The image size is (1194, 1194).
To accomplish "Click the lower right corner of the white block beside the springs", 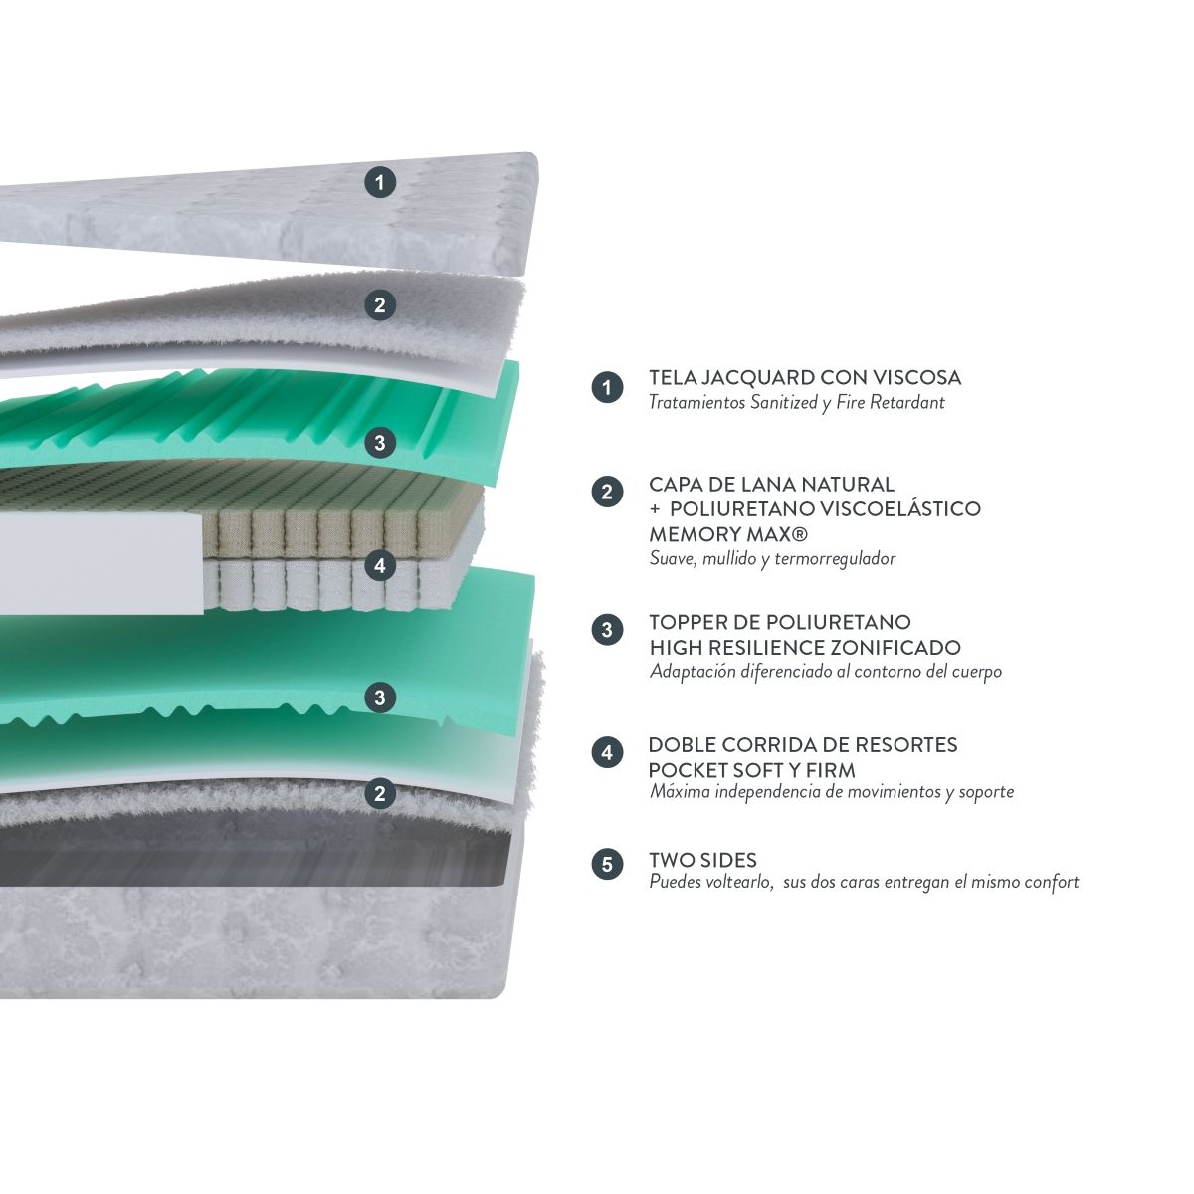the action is click(x=203, y=614).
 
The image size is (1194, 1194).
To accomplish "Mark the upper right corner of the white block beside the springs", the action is click(x=203, y=513).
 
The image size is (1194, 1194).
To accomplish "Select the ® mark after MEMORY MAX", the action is click(x=800, y=533).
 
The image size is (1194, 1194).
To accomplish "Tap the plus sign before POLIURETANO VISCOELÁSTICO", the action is click(x=655, y=510).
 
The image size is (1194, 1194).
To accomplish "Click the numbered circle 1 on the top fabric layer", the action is click(x=380, y=183).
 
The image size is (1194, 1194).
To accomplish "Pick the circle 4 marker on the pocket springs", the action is click(x=380, y=565).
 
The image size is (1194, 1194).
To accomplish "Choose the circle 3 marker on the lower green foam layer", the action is click(x=380, y=697).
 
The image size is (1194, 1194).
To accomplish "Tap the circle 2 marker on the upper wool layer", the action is click(x=380, y=304).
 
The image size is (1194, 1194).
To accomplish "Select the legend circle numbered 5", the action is click(x=607, y=864).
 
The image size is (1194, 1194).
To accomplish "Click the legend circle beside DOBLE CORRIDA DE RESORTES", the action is click(x=607, y=753).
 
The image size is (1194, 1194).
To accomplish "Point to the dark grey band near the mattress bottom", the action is click(x=254, y=857).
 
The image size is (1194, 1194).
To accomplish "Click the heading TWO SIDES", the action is click(x=702, y=860).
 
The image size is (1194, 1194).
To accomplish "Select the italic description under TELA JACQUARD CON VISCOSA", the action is click(x=796, y=403).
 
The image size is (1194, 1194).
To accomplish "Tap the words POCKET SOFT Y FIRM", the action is click(x=751, y=771).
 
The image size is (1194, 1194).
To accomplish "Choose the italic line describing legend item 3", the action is click(x=825, y=671).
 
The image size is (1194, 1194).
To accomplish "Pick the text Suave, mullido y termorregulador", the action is click(x=772, y=559).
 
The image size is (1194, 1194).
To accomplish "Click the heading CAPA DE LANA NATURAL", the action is click(x=771, y=484).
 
